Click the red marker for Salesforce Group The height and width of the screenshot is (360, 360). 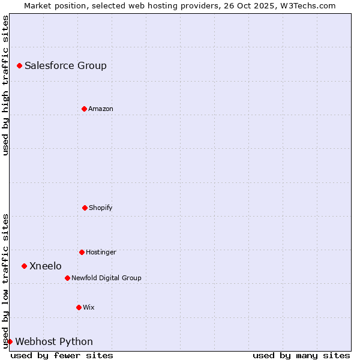click(x=19, y=65)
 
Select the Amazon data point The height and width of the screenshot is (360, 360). click(x=84, y=109)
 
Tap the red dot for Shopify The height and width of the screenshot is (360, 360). click(x=85, y=208)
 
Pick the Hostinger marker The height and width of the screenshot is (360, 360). click(x=82, y=252)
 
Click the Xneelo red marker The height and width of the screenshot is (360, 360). click(x=24, y=266)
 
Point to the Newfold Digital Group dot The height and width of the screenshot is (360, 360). click(x=67, y=278)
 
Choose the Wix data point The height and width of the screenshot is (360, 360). click(x=79, y=307)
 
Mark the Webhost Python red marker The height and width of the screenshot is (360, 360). click(x=10, y=341)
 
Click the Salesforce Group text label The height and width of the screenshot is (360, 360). click(x=65, y=66)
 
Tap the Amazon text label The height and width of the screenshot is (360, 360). click(x=101, y=109)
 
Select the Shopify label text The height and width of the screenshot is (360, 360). click(x=101, y=208)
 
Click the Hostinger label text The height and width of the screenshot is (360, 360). click(x=101, y=253)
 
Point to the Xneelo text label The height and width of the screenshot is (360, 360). click(x=46, y=266)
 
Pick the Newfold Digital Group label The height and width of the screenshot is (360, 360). click(x=106, y=278)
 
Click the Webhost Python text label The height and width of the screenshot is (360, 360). click(x=54, y=342)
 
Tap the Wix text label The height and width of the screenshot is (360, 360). click(x=89, y=308)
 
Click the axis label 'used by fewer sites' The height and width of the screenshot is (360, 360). click(x=62, y=355)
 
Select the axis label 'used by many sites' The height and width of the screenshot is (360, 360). click(x=301, y=355)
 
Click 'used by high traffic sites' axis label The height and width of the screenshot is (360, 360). click(x=5, y=85)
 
